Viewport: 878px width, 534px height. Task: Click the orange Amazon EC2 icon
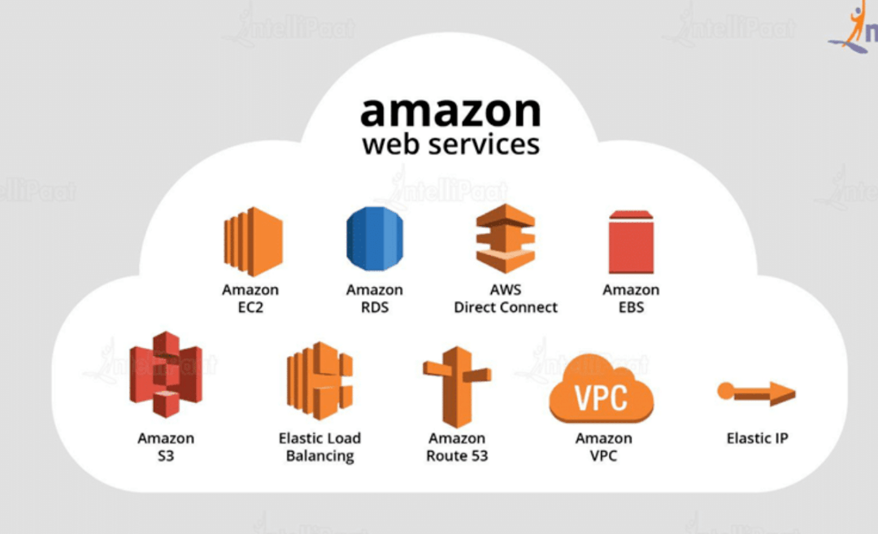[253, 241]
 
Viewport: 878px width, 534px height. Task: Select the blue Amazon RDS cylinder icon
[375, 239]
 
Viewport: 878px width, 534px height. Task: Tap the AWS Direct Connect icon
[506, 238]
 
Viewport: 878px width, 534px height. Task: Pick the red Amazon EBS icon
[631, 242]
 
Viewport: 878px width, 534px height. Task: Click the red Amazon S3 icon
[166, 375]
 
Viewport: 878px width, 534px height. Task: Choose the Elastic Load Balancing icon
[319, 380]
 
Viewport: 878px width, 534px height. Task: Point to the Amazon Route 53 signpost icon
[457, 387]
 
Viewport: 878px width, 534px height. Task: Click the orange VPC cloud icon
[602, 389]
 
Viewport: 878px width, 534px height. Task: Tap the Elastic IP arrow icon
[757, 393]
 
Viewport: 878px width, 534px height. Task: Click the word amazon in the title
[450, 111]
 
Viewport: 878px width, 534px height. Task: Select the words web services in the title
[450, 145]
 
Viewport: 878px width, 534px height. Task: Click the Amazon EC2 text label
[250, 298]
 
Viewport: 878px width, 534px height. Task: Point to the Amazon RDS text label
[375, 298]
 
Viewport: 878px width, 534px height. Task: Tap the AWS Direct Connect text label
[506, 298]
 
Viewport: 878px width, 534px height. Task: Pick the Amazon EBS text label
[631, 298]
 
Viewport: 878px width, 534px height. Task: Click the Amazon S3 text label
[166, 447]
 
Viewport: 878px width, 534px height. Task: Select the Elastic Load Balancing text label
[319, 447]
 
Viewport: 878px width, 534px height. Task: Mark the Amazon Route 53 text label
[457, 447]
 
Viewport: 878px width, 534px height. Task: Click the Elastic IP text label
[757, 438]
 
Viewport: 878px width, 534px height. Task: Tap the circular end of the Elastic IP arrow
[726, 391]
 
